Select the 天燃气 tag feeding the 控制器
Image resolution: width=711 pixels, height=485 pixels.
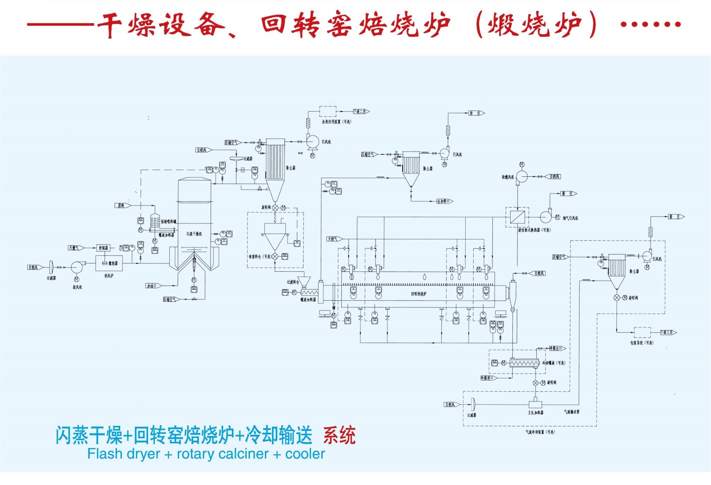click(x=74, y=248)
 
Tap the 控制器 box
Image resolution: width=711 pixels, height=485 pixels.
click(x=103, y=248)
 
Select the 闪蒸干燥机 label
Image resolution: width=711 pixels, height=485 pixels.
click(x=194, y=234)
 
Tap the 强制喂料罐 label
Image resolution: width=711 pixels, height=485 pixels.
click(x=168, y=221)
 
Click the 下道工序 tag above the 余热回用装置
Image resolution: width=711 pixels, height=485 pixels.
click(x=360, y=111)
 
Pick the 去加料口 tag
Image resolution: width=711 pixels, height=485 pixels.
click(x=444, y=201)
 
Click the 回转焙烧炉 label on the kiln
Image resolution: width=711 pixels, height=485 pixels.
click(x=419, y=294)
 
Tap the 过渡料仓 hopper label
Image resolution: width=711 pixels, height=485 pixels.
click(x=293, y=282)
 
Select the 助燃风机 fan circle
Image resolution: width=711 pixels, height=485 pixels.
click(x=522, y=177)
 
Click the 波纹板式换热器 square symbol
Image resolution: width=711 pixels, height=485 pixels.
click(x=517, y=217)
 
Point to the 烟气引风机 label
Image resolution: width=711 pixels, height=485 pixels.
click(x=571, y=218)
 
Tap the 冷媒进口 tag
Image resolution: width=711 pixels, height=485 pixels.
click(x=487, y=378)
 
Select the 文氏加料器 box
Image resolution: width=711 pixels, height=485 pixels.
click(x=535, y=405)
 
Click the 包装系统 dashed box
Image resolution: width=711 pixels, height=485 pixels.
click(x=642, y=332)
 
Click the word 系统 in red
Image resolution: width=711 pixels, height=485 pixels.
click(x=339, y=435)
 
